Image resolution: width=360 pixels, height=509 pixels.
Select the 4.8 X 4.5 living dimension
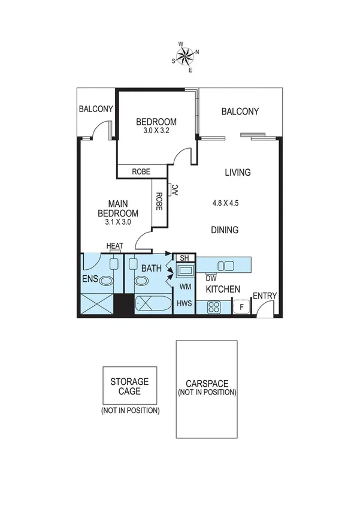[225, 203]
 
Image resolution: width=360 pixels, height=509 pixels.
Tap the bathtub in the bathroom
[152, 304]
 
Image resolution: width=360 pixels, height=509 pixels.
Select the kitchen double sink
[226, 266]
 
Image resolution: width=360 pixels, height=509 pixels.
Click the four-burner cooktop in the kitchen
[214, 308]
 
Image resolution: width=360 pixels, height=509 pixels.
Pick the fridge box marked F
[240, 308]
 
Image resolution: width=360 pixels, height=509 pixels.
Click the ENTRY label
[264, 296]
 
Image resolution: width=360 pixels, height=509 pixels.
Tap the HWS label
[184, 304]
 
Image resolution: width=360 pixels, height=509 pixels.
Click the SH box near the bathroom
[184, 258]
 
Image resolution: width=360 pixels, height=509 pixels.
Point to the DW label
[211, 278]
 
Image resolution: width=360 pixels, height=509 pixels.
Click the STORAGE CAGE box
[129, 385]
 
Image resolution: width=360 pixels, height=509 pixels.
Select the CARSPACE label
[207, 383]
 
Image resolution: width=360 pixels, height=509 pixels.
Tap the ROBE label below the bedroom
[141, 171]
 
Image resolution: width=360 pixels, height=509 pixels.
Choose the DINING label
[225, 230]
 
